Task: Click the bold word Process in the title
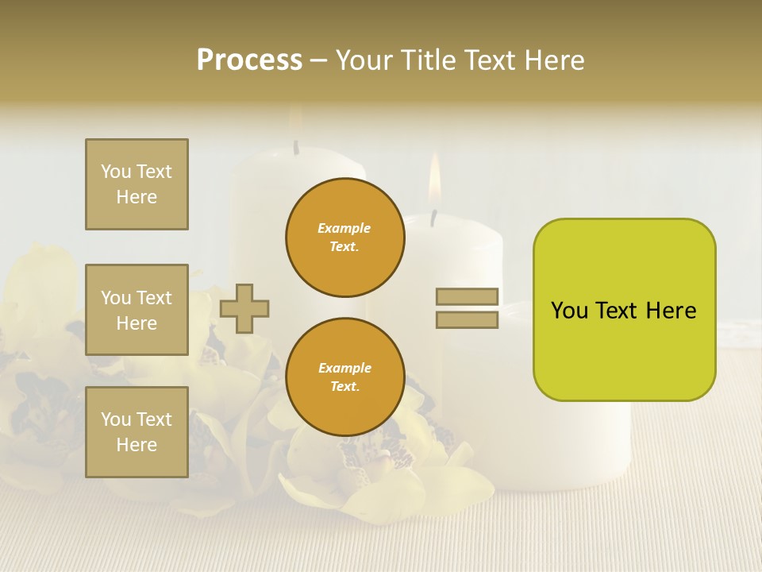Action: click(x=249, y=60)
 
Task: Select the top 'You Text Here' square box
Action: click(x=137, y=184)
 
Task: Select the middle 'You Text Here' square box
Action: click(x=137, y=310)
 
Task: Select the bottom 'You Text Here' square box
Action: click(x=137, y=432)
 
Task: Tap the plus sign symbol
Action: click(x=244, y=308)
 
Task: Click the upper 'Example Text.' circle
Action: click(x=344, y=238)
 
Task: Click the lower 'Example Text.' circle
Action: click(x=344, y=377)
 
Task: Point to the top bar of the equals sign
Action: click(x=467, y=297)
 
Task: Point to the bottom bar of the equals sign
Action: click(x=467, y=320)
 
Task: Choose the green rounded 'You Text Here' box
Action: click(x=624, y=310)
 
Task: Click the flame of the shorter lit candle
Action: click(x=434, y=179)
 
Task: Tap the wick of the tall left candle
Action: click(x=296, y=147)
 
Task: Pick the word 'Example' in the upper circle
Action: click(x=344, y=229)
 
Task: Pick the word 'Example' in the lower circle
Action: click(x=344, y=369)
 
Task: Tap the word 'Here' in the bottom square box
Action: click(x=137, y=445)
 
